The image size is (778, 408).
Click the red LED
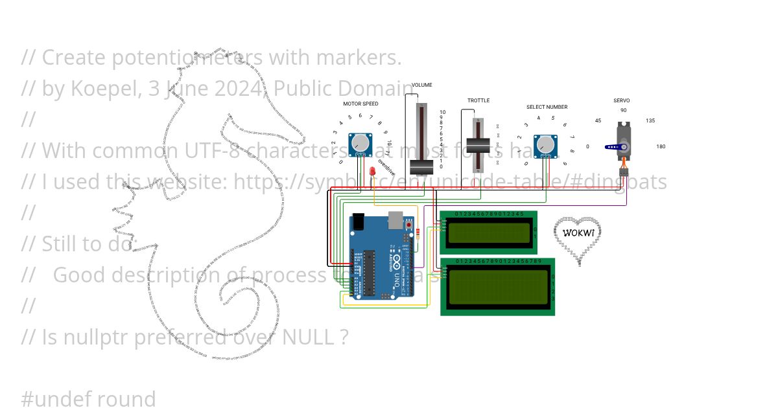(373, 172)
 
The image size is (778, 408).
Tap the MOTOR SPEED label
(360, 104)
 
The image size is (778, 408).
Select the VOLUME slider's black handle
(421, 166)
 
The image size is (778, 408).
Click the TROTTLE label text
(478, 100)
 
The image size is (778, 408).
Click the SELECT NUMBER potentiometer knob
(545, 144)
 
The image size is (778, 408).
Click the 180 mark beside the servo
(661, 146)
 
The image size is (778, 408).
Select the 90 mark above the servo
(623, 110)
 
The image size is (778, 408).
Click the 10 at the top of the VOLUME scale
(443, 112)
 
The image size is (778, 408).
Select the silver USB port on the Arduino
(394, 220)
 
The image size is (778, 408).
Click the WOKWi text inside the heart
(578, 232)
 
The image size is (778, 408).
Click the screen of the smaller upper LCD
(488, 232)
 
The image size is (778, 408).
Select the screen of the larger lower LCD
(497, 287)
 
